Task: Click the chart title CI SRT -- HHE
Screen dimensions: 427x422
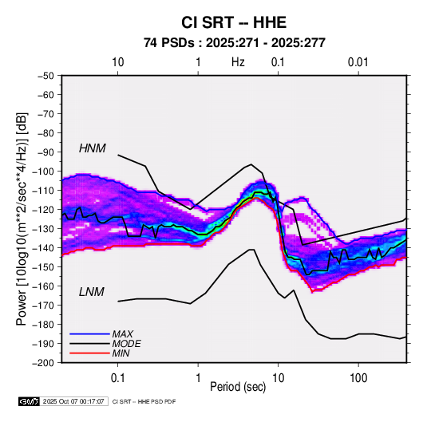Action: [234, 22]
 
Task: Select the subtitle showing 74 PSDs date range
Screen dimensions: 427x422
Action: [235, 43]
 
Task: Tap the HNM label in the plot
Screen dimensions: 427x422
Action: [93, 148]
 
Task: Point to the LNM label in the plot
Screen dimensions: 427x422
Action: [92, 292]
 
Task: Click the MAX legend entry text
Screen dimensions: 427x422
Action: [123, 334]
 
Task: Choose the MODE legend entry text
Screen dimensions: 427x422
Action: [127, 344]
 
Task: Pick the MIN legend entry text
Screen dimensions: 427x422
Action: [121, 353]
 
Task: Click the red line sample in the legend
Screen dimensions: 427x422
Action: [89, 353]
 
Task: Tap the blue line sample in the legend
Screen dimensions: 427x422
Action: [89, 334]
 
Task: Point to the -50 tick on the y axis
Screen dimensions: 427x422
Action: [46, 76]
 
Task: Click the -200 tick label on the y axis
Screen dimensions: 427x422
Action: [44, 363]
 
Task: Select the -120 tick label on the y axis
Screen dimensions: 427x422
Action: [44, 210]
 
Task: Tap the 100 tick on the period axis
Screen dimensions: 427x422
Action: [358, 378]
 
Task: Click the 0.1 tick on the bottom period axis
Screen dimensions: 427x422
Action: [117, 378]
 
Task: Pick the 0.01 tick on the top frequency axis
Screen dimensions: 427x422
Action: [358, 62]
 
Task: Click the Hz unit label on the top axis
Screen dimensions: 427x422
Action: [238, 62]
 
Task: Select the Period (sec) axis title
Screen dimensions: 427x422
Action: [238, 387]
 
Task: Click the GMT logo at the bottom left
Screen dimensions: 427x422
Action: [30, 401]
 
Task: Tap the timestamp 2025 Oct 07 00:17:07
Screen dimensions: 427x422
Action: [73, 401]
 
